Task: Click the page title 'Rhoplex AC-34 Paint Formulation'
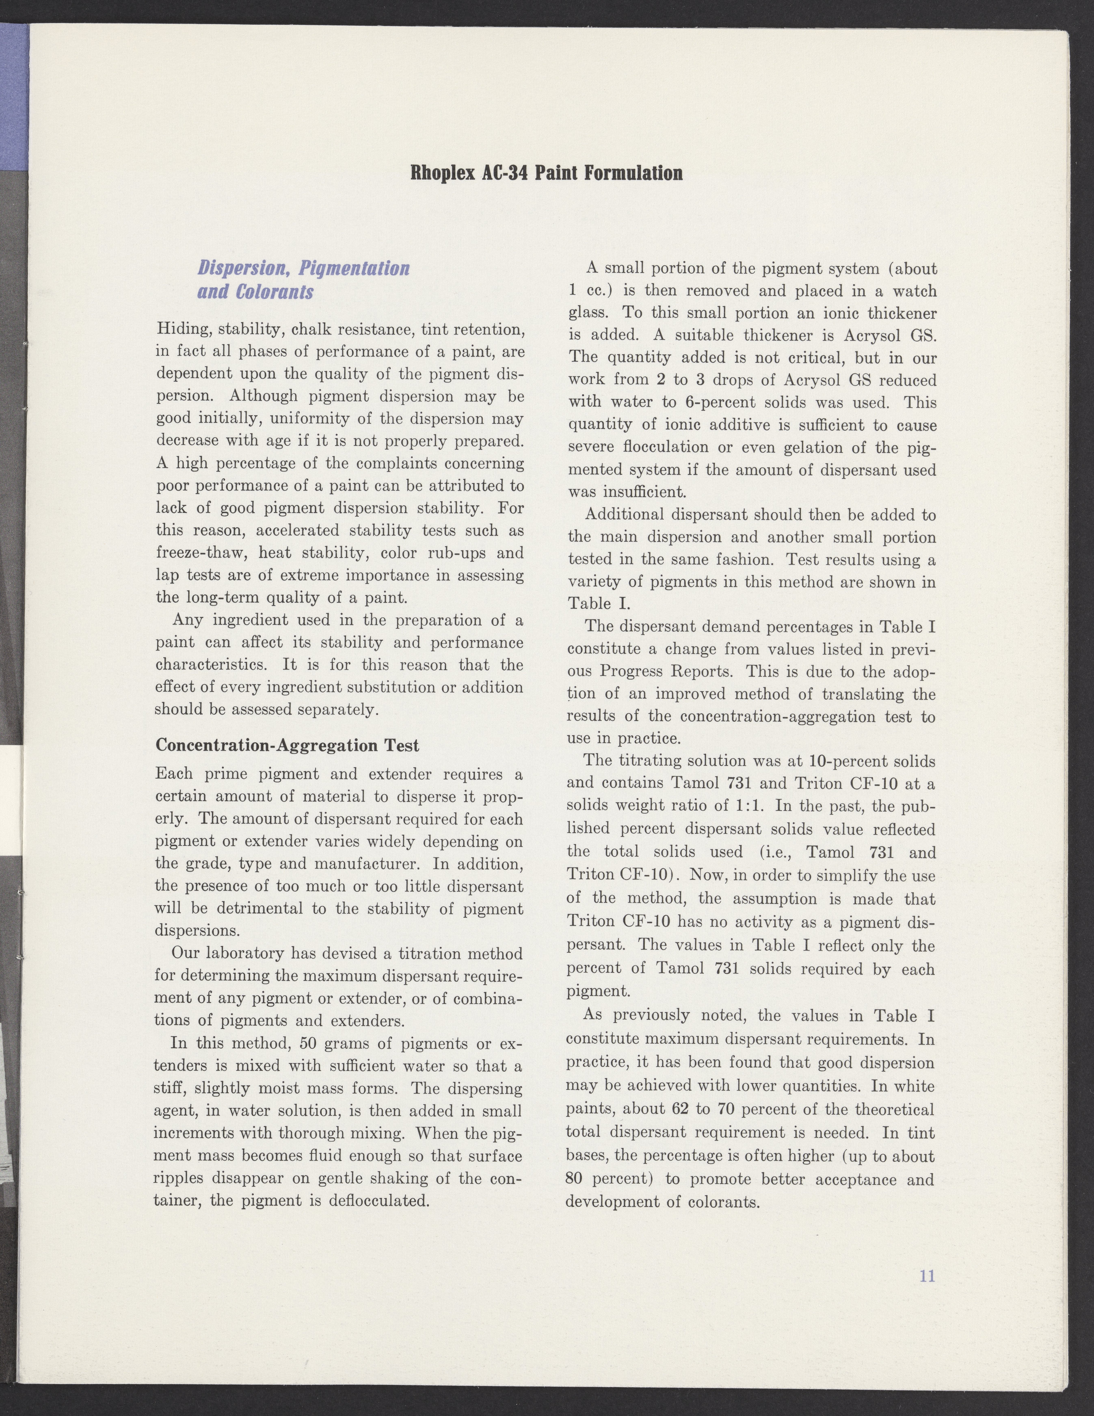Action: click(x=547, y=174)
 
